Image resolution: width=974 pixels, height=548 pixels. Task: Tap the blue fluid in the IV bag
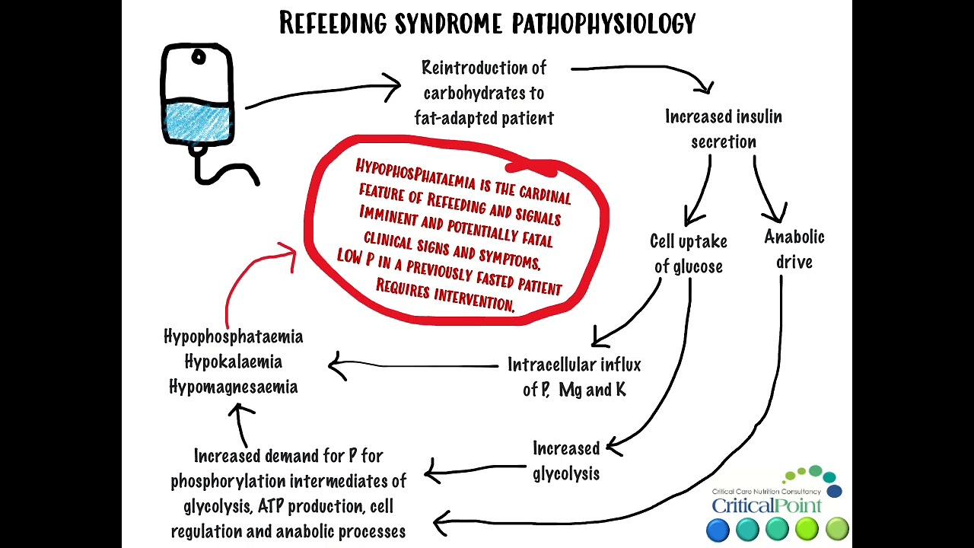pyautogui.click(x=197, y=123)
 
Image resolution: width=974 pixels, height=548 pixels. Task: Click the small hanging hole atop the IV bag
pyautogui.click(x=199, y=58)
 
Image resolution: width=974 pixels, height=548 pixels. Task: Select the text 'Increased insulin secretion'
pyautogui.click(x=723, y=129)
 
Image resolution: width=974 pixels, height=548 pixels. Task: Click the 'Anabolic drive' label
pyautogui.click(x=794, y=249)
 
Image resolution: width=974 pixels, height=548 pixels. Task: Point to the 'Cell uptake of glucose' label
pyautogui.click(x=688, y=253)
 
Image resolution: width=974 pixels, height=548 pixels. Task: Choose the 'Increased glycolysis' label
pyautogui.click(x=566, y=460)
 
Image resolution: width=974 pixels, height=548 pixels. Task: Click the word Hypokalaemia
pyautogui.click(x=233, y=362)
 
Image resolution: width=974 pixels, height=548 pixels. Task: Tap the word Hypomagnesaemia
pyautogui.click(x=233, y=387)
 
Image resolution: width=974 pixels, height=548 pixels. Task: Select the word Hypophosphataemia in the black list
pyautogui.click(x=233, y=336)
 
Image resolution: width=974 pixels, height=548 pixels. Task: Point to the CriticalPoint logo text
pyautogui.click(x=766, y=505)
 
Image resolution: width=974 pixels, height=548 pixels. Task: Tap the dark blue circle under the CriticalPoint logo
pyautogui.click(x=718, y=529)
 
